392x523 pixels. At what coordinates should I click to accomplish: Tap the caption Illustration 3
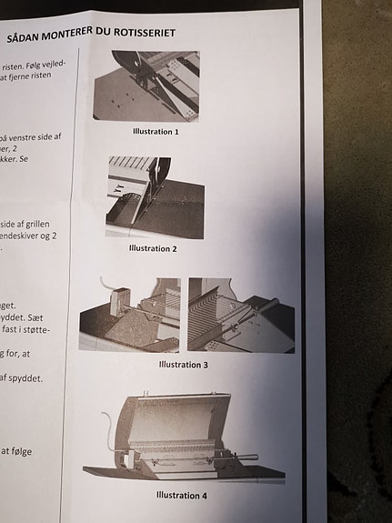pos(183,365)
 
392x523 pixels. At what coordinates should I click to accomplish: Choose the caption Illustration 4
pos(181,496)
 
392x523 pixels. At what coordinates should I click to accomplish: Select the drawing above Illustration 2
pos(154,197)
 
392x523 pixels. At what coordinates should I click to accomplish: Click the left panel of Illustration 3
pos(129,315)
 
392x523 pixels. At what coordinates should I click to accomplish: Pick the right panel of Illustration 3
pos(240,315)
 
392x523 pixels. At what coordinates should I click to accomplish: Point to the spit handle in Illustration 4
pos(246,457)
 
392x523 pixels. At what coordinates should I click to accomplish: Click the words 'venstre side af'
pos(33,137)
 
